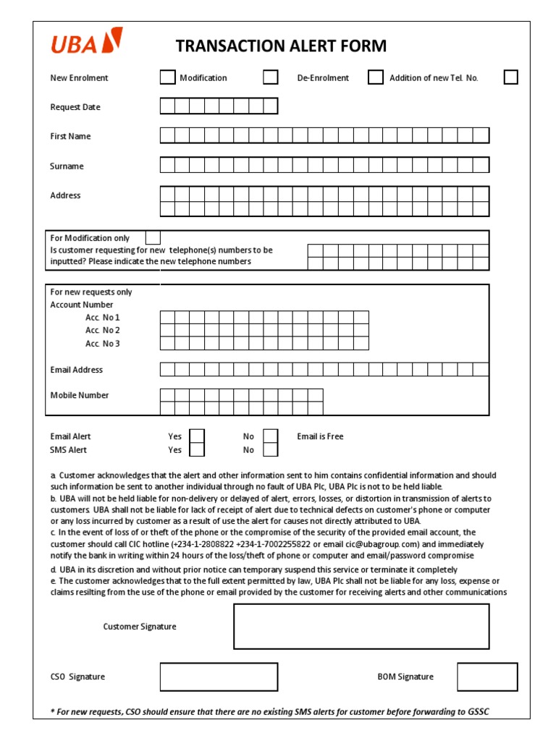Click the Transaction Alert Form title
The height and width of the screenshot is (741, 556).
pos(281,46)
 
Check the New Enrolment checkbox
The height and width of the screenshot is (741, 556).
pos(167,77)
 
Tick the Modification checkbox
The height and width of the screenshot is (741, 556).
pos(270,77)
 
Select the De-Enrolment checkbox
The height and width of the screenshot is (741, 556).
pos(375,77)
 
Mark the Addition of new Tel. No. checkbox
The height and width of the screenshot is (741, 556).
pos(510,77)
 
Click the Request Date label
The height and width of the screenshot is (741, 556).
pos(75,107)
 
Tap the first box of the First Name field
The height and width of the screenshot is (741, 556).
pos(167,136)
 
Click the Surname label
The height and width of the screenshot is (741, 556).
pos(67,166)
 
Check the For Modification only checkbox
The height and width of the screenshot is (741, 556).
pos(153,237)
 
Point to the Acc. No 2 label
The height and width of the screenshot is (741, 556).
pos(103,331)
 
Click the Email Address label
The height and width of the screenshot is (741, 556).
pos(77,370)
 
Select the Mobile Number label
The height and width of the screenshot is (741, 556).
pos(80,395)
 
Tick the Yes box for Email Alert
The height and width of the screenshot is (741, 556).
pos(197,436)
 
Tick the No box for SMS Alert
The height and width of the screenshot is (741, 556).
pos(270,450)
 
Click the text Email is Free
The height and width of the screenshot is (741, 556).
pos(320,436)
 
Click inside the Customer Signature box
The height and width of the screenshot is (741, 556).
pos(361,627)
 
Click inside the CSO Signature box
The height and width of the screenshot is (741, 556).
pos(219,677)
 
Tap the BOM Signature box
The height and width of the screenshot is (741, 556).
pos(487,677)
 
